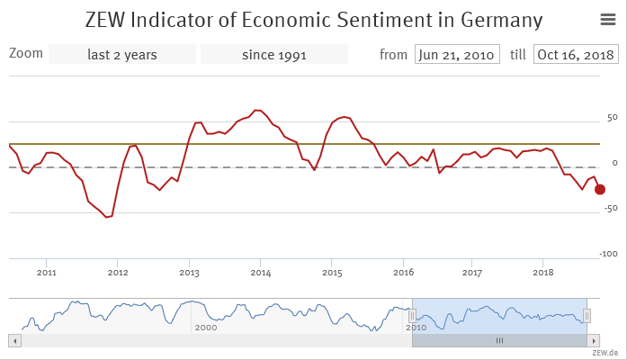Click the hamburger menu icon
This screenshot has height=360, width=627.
pyautogui.click(x=607, y=20)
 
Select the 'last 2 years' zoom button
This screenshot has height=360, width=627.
pyautogui.click(x=122, y=54)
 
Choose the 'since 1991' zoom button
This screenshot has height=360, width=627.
pyautogui.click(x=274, y=54)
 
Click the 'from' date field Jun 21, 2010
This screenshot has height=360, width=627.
pyautogui.click(x=457, y=54)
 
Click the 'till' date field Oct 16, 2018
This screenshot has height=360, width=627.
pyautogui.click(x=576, y=54)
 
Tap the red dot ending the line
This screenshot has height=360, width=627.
pyautogui.click(x=600, y=189)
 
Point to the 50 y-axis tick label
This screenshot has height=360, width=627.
pyautogui.click(x=612, y=118)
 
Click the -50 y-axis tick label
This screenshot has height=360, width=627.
pyautogui.click(x=610, y=208)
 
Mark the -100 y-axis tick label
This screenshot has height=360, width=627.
pyautogui.click(x=608, y=254)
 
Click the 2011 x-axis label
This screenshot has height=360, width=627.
pyautogui.click(x=47, y=271)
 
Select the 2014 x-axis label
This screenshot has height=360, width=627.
pyautogui.click(x=260, y=271)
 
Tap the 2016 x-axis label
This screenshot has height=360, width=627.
pyautogui.click(x=403, y=271)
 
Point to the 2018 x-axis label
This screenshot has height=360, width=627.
pyautogui.click(x=543, y=271)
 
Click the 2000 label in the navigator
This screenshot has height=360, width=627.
pyautogui.click(x=205, y=328)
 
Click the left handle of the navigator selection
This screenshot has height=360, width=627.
pyautogui.click(x=412, y=315)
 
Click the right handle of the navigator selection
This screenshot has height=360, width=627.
pyautogui.click(x=587, y=315)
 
